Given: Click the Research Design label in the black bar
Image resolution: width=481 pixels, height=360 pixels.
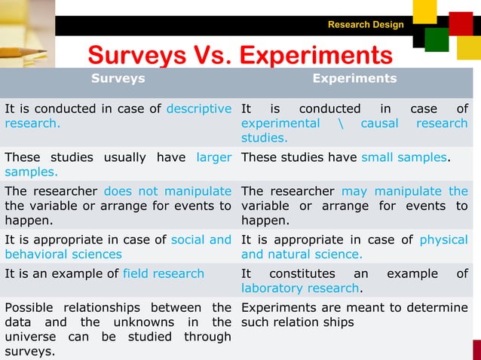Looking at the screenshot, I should tap(366, 25).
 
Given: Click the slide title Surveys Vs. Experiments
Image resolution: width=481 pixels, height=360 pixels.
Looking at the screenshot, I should tap(240, 55).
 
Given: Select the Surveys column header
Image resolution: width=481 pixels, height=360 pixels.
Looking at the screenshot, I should tap(118, 78).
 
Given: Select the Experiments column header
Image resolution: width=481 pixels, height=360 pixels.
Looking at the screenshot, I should tap(354, 78).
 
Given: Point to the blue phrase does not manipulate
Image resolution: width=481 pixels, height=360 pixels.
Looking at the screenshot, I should tap(167, 191).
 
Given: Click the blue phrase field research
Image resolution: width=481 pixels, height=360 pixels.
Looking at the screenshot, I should tap(163, 273).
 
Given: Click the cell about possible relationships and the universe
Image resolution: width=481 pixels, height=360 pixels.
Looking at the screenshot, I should tap(118, 329).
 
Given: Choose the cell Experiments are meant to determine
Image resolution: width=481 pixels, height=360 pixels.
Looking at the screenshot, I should tap(354, 315).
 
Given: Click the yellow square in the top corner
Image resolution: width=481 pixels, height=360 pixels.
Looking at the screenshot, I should tap(424, 11).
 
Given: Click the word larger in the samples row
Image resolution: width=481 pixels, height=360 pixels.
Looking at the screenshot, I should tap(213, 157).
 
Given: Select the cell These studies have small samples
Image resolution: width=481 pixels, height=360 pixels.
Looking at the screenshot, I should tap(354, 157).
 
